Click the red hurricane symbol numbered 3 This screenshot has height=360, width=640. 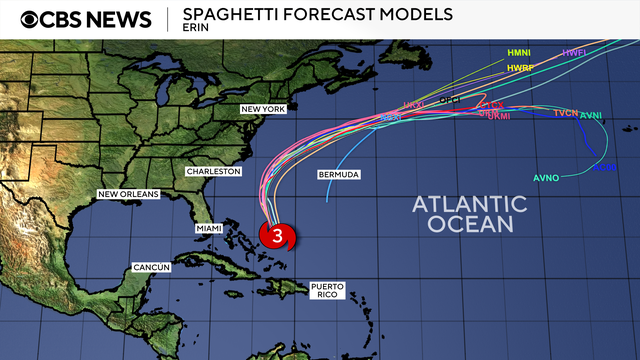(277, 237)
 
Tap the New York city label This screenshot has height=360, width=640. (263, 108)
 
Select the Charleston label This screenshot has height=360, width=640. (213, 171)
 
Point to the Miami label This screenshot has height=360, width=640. (210, 229)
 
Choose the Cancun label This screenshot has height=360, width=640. (151, 267)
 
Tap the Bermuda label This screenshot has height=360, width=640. (338, 175)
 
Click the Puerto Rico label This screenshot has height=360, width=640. (327, 291)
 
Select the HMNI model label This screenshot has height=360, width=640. (519, 52)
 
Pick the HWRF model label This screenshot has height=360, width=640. (520, 67)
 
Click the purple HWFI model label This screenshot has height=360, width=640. (574, 52)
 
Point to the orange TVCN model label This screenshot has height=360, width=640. (566, 113)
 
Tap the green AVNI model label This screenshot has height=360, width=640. (592, 116)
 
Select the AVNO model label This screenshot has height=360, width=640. (546, 178)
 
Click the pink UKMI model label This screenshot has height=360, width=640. (498, 117)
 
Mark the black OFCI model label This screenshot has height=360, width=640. (451, 100)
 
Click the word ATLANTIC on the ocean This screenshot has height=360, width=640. (470, 204)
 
